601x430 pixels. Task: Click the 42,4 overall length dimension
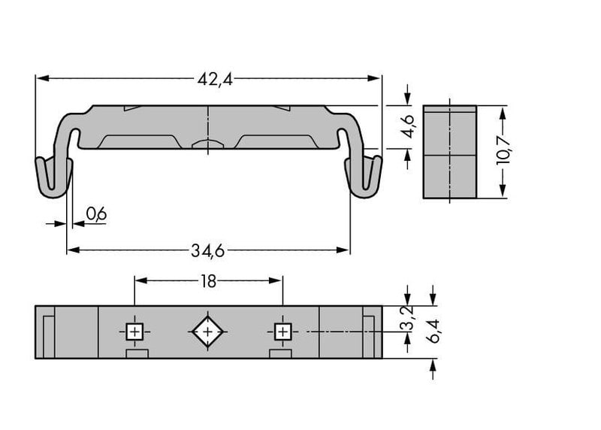click(215, 80)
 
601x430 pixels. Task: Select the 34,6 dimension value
click(208, 251)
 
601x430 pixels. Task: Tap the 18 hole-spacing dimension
click(208, 282)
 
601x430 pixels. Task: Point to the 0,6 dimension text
click(96, 214)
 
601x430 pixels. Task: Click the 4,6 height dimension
click(408, 126)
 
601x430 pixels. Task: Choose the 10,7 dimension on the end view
click(503, 150)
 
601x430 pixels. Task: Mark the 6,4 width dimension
click(433, 331)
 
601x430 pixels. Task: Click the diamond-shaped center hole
click(207, 332)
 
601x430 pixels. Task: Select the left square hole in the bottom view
click(134, 332)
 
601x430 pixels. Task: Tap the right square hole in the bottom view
click(283, 332)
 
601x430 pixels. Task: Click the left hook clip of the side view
click(53, 177)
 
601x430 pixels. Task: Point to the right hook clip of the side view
click(364, 177)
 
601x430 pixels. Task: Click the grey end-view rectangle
click(449, 152)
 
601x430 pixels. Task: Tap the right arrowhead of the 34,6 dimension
click(343, 250)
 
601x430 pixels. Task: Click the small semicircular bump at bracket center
click(207, 144)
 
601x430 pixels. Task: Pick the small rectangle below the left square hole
click(137, 353)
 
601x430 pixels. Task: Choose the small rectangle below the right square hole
click(280, 353)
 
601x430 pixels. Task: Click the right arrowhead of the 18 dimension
click(275, 281)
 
